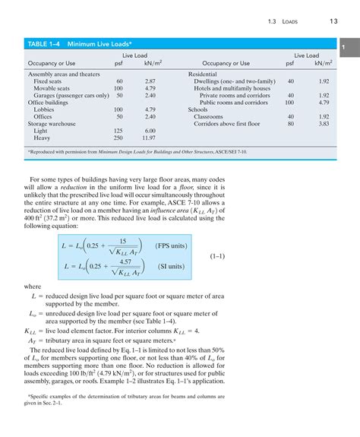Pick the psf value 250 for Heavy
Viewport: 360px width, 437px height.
tap(118, 138)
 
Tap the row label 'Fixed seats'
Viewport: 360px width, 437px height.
tap(48, 81)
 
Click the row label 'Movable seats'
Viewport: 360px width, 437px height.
tap(52, 87)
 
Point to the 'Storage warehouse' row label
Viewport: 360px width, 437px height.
tap(50, 123)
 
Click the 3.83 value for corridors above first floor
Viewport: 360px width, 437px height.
tap(324, 123)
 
